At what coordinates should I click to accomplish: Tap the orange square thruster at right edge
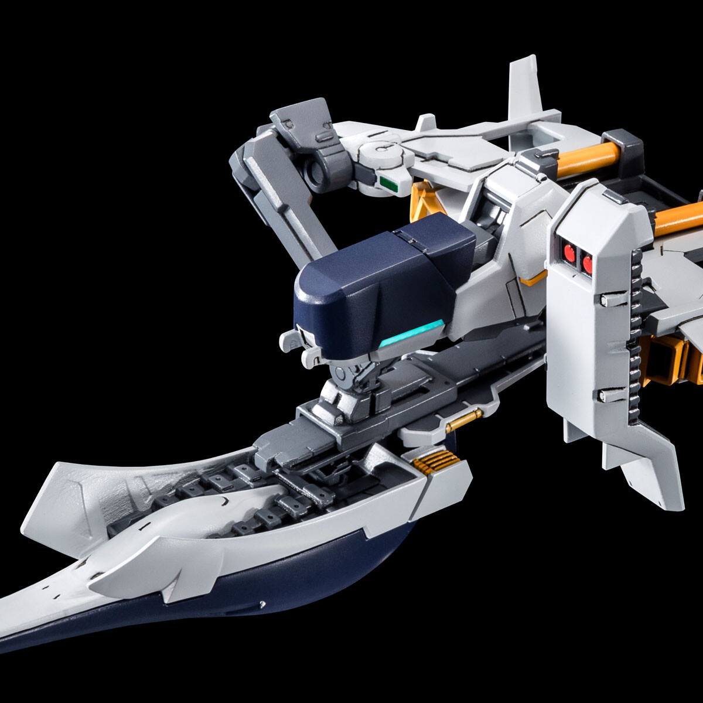674,357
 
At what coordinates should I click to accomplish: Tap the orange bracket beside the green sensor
422,199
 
